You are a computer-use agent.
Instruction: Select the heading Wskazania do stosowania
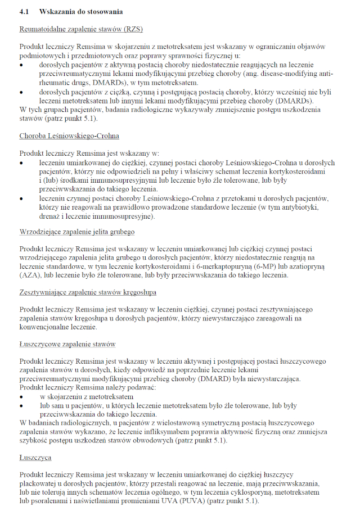click(x=81, y=11)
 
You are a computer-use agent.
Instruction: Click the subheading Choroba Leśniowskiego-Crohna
click(x=69, y=136)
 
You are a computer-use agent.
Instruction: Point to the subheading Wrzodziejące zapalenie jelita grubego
click(x=77, y=232)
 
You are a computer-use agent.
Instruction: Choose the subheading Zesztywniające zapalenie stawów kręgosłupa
click(x=88, y=292)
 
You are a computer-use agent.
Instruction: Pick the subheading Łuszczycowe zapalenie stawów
click(x=67, y=344)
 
